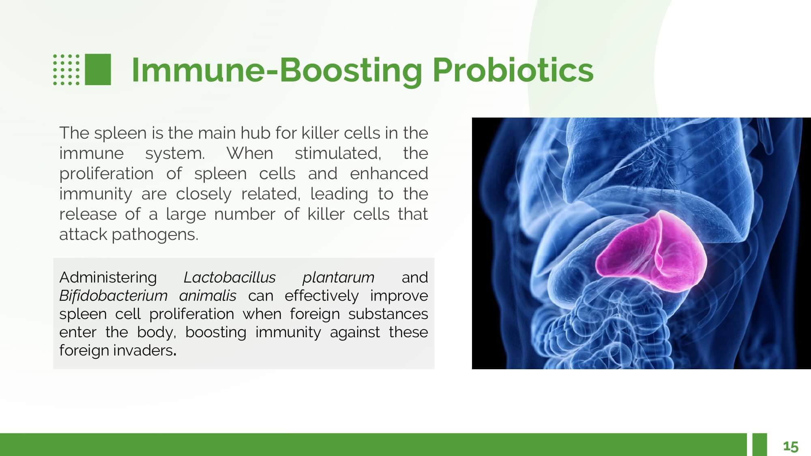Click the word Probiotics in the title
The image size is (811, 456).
pos(513,71)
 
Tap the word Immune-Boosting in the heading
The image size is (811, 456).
pos(277,71)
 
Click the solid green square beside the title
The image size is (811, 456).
pos(98,69)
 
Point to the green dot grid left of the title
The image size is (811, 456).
pos(67,69)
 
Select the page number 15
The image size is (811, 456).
pos(791,446)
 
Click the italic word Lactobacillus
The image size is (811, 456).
pos(230,277)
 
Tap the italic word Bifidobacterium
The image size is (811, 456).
pos(113,295)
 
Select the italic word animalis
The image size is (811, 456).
pos(208,295)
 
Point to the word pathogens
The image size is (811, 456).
pos(155,235)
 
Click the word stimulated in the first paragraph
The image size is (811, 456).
pos(338,153)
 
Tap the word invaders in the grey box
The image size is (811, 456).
pos(145,350)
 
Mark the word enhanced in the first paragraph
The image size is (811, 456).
pos(389,173)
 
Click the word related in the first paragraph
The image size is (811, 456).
pos(271,194)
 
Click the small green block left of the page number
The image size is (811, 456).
pos(760,445)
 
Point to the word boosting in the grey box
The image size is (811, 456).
pos(216,332)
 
